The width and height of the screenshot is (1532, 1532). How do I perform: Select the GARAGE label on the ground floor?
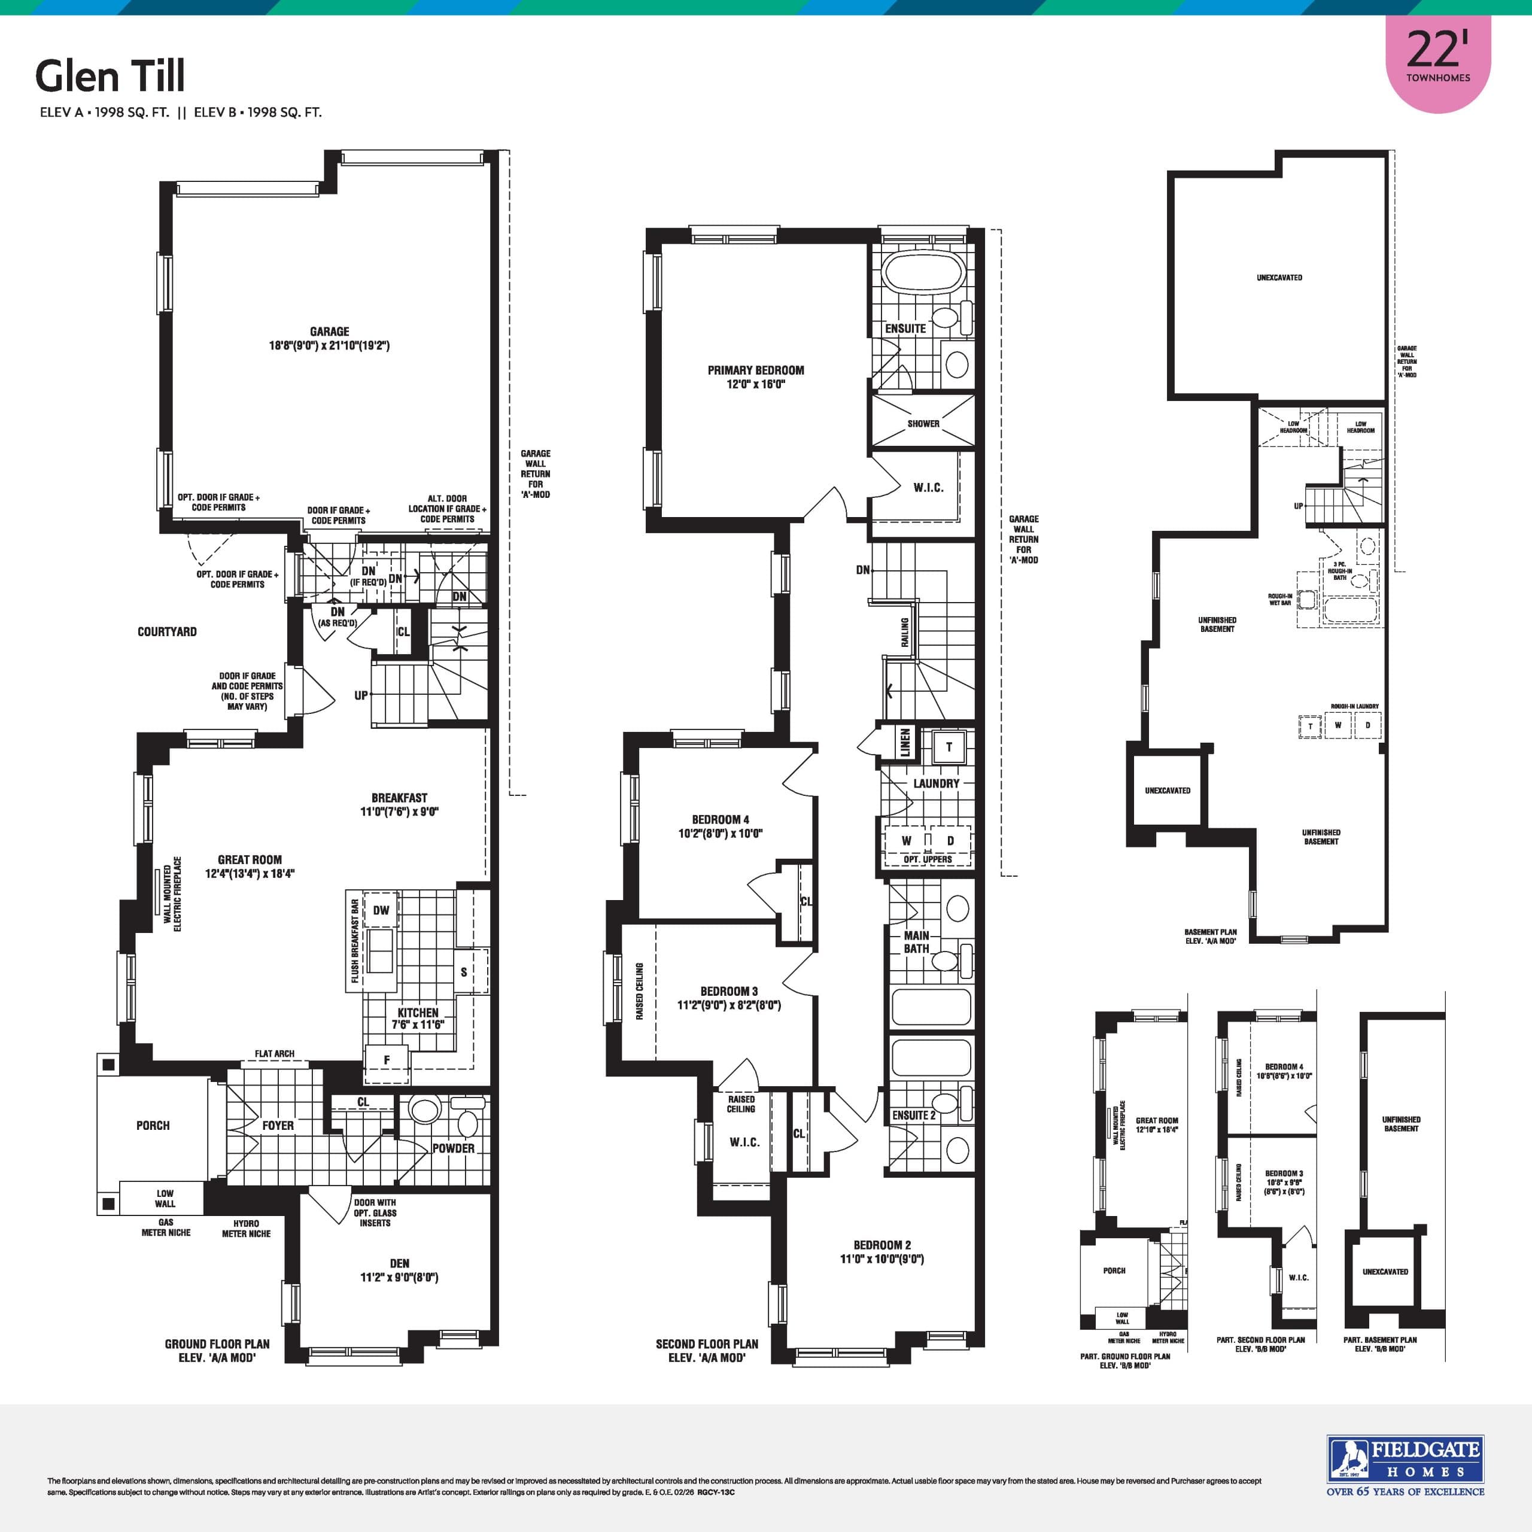coord(329,332)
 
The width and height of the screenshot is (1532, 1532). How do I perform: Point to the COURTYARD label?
coord(166,632)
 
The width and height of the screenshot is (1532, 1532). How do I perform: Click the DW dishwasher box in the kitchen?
coord(381,910)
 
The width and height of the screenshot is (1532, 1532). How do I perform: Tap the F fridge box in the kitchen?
coord(387,1059)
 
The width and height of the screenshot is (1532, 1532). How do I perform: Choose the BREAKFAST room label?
coord(399,798)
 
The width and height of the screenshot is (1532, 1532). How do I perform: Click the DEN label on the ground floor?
coord(400,1264)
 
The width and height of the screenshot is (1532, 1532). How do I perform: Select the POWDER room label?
coord(454,1148)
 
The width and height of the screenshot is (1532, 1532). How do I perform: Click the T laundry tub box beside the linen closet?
coord(949,747)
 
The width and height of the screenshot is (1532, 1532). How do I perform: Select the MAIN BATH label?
coord(917,942)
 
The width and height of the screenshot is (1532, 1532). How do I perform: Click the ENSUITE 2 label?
coord(913,1115)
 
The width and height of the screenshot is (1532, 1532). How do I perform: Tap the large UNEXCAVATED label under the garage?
coord(1279,278)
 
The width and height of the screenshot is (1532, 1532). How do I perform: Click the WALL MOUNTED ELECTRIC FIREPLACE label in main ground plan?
coord(172,893)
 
